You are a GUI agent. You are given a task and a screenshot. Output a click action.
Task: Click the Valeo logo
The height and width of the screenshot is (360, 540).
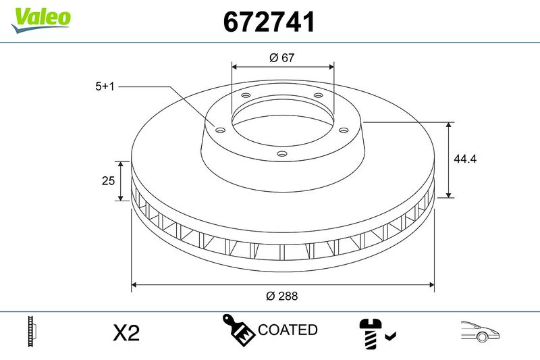40,20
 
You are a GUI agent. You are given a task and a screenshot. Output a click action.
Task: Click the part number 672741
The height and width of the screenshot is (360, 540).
269,22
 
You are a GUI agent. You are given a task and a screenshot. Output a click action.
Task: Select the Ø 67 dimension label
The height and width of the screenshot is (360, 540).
282,57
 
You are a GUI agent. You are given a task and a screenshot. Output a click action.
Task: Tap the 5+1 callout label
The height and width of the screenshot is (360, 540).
105,86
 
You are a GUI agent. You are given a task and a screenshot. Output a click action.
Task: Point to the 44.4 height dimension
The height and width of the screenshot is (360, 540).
465,159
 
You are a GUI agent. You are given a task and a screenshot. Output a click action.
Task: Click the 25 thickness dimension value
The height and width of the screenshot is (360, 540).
108,180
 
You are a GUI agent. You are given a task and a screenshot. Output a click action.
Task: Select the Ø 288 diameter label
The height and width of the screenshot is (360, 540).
282,296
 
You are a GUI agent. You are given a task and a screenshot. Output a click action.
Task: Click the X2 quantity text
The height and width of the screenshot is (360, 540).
126,333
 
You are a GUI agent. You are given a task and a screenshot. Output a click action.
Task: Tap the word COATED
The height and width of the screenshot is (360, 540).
288,330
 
